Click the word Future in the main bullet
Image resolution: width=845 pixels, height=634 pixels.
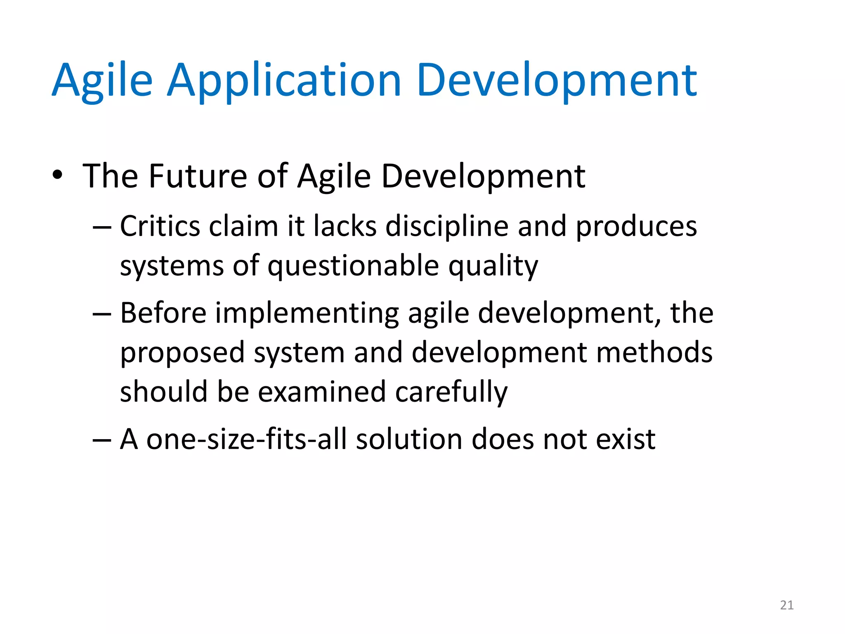pos(198,176)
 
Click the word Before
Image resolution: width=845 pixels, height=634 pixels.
pos(163,313)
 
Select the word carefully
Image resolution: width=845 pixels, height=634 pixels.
pos(451,392)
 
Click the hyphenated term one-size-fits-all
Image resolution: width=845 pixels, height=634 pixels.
pos(246,439)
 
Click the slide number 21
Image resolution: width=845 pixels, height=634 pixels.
pos(787,605)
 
